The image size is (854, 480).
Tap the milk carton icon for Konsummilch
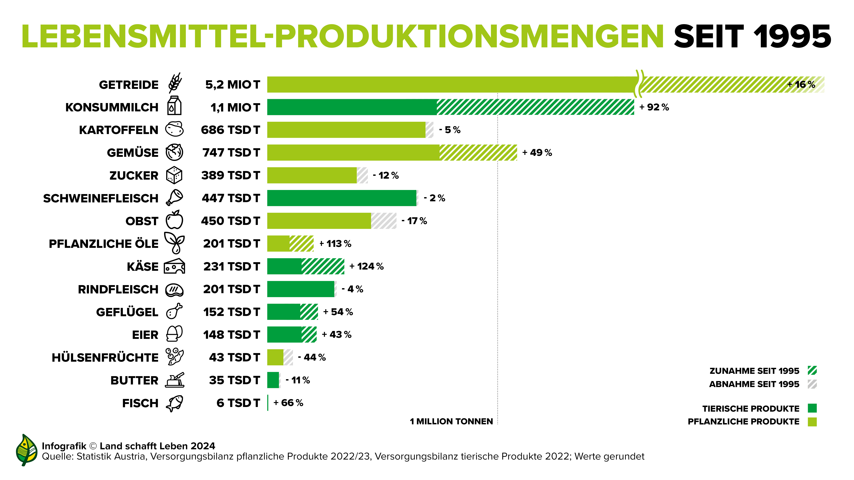(x=174, y=106)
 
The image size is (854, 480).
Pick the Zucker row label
(x=134, y=176)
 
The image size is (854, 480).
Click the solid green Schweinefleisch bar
(x=341, y=198)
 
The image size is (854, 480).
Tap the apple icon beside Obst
(x=174, y=220)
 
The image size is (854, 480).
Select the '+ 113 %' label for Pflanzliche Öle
(x=335, y=244)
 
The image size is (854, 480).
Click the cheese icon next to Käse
(x=174, y=266)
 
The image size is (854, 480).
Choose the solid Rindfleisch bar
(x=300, y=289)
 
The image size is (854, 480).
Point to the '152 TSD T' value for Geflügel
(x=231, y=312)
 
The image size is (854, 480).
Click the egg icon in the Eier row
(x=174, y=334)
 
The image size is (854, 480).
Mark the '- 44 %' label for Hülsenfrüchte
(x=312, y=358)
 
